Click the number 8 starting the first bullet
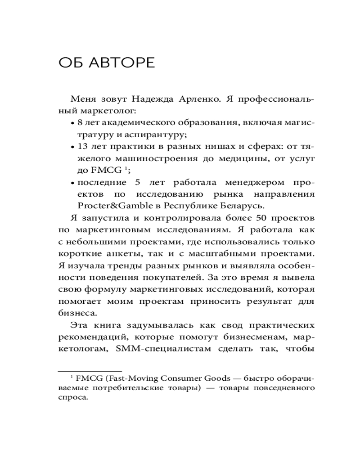80,122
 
